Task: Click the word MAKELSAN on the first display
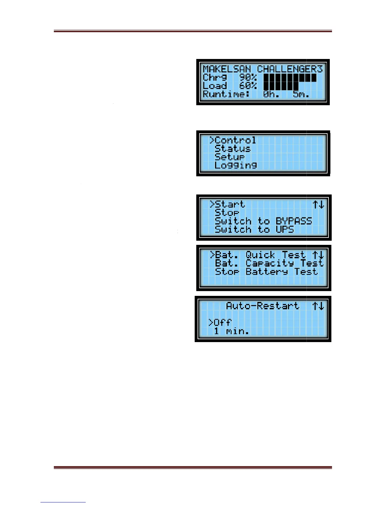click(227, 69)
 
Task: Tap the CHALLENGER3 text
click(290, 69)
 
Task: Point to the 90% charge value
click(248, 77)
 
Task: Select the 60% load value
click(248, 86)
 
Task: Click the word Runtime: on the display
click(226, 94)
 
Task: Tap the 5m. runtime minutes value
click(301, 94)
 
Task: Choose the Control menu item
click(235, 140)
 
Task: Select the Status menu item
click(232, 149)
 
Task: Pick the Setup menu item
click(229, 157)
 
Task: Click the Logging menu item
click(235, 165)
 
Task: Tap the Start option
click(229, 204)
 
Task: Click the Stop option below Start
click(227, 213)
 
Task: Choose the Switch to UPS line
click(254, 229)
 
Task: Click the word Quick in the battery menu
click(260, 255)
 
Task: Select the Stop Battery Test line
click(266, 272)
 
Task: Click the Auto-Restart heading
click(263, 306)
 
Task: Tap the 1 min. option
click(231, 331)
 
